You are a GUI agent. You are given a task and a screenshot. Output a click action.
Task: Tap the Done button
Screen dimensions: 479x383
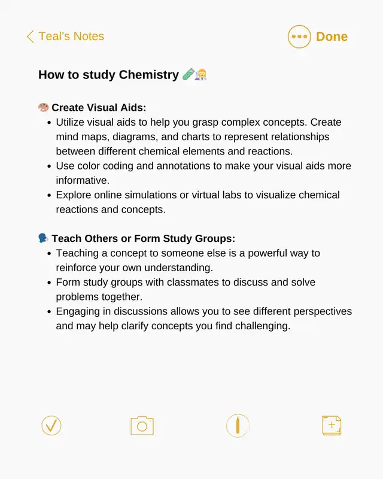332,37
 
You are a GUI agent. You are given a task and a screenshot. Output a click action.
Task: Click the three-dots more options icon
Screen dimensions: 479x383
299,37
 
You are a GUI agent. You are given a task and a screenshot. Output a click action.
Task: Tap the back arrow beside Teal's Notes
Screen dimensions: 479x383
30,37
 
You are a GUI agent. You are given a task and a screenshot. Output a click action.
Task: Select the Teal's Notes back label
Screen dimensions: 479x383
71,37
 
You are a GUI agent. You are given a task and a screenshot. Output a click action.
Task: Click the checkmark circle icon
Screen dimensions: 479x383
51,426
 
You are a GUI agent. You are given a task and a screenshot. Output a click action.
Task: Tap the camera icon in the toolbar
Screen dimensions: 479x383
142,426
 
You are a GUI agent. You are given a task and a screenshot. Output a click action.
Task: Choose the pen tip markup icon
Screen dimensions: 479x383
238,426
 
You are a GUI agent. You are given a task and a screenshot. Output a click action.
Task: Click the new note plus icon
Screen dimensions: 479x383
332,426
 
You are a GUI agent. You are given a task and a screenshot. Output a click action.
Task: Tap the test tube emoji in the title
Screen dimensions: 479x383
187,75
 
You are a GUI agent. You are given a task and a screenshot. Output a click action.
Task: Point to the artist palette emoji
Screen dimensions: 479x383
43,108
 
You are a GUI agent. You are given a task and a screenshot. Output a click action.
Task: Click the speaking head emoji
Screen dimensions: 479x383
43,238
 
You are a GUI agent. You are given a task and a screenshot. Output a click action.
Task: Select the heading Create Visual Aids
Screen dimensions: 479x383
99,108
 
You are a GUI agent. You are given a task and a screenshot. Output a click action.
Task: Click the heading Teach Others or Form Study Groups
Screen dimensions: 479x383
143,238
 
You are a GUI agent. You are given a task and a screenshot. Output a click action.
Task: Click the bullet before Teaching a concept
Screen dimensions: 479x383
48,253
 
